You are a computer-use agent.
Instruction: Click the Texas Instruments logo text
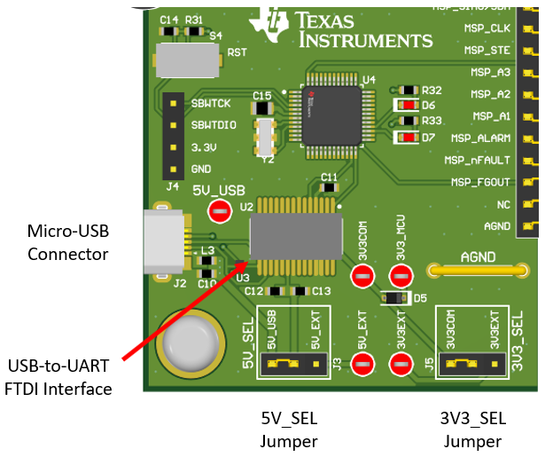(x=364, y=30)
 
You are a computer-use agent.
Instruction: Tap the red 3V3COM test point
(x=362, y=277)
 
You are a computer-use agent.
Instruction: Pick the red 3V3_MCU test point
(x=401, y=277)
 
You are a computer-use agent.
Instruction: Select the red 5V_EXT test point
(x=362, y=363)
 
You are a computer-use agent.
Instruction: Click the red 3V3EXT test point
(x=401, y=363)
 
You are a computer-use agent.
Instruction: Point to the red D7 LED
(x=409, y=138)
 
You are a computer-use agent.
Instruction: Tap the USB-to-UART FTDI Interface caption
(x=59, y=376)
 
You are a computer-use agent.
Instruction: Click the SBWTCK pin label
(x=214, y=104)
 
